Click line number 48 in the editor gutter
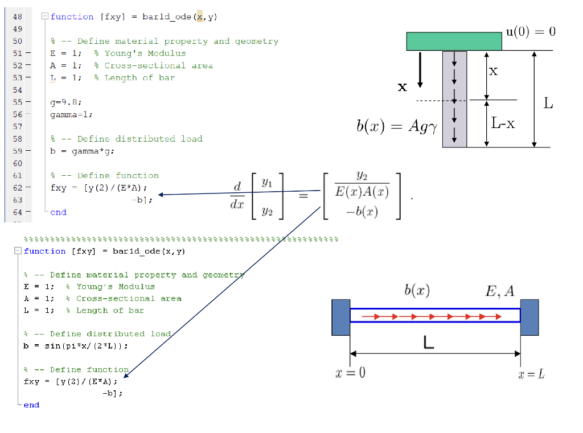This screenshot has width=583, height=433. click(17, 17)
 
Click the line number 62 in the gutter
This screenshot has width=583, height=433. click(17, 188)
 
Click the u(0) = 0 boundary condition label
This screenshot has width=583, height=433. click(530, 31)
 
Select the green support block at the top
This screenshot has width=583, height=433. click(454, 42)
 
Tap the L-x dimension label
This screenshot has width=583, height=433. click(503, 123)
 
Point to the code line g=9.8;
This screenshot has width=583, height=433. click(65, 102)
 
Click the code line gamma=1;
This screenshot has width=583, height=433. click(71, 114)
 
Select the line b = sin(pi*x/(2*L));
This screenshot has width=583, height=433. click(76, 345)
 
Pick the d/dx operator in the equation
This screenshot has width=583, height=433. click(237, 196)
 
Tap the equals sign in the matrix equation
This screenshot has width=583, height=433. click(303, 196)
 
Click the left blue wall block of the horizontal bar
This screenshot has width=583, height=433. click(340, 317)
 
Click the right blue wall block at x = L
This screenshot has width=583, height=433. click(529, 317)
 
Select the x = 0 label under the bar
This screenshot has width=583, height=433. click(351, 373)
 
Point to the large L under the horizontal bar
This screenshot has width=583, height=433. click(429, 343)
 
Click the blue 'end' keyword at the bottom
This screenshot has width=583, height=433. click(31, 405)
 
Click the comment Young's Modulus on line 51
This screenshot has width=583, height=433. click(140, 53)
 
